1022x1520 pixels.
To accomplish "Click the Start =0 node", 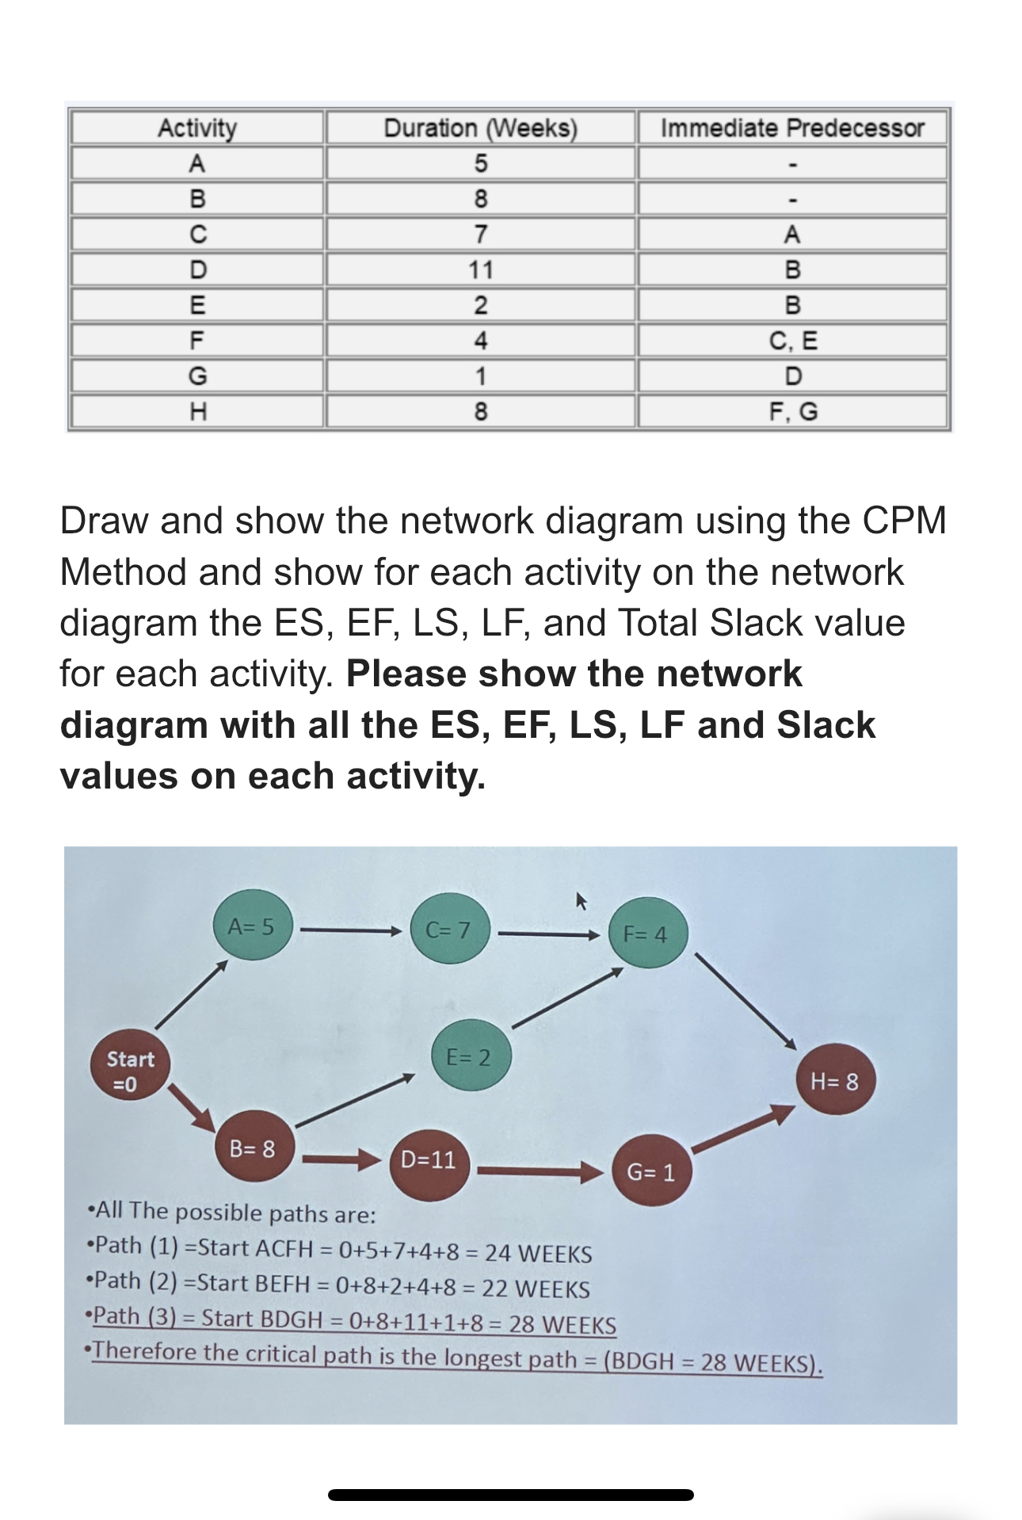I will [131, 1071].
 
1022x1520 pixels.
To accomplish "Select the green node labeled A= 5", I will [252, 926].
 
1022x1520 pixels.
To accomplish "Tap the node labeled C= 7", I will [449, 930].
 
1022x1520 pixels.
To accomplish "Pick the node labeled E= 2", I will [470, 1056].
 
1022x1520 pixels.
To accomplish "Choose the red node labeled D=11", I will [429, 1160].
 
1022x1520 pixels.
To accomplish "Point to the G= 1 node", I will [651, 1171].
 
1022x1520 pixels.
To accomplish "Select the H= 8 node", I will [834, 1081].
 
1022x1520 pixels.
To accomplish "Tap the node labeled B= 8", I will [254, 1148].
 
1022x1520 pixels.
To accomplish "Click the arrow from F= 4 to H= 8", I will [745, 1000].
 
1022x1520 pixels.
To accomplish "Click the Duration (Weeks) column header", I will [480, 128].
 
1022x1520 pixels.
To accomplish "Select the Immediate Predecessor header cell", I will [792, 128].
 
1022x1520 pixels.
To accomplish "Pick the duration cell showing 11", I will [480, 269].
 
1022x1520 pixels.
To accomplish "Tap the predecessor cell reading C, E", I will [792, 341].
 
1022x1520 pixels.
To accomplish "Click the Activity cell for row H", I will [197, 411].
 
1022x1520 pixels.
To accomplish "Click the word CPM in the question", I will [904, 521].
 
